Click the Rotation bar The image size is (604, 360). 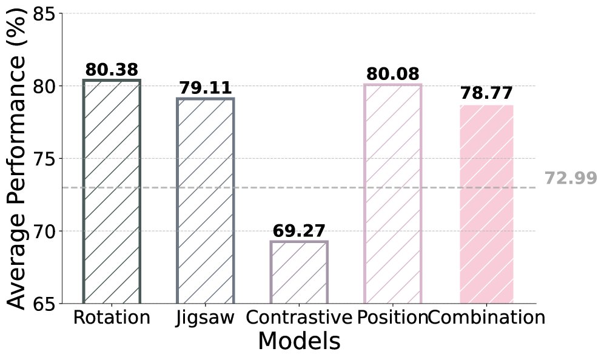[x=112, y=192]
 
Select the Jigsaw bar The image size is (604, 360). [x=206, y=201]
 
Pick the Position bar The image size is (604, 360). [x=393, y=193]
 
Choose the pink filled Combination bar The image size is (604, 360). [x=486, y=204]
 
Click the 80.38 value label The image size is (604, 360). [x=112, y=70]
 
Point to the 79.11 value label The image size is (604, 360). [x=206, y=88]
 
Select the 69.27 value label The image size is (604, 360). [x=299, y=231]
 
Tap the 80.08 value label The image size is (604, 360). [x=393, y=75]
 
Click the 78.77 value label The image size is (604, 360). [x=486, y=94]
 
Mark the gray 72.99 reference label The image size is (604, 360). [x=570, y=179]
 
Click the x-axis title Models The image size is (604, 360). [x=299, y=342]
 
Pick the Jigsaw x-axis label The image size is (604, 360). [x=206, y=318]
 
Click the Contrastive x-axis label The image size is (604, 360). [x=299, y=318]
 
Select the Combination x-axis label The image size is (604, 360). [x=486, y=318]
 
